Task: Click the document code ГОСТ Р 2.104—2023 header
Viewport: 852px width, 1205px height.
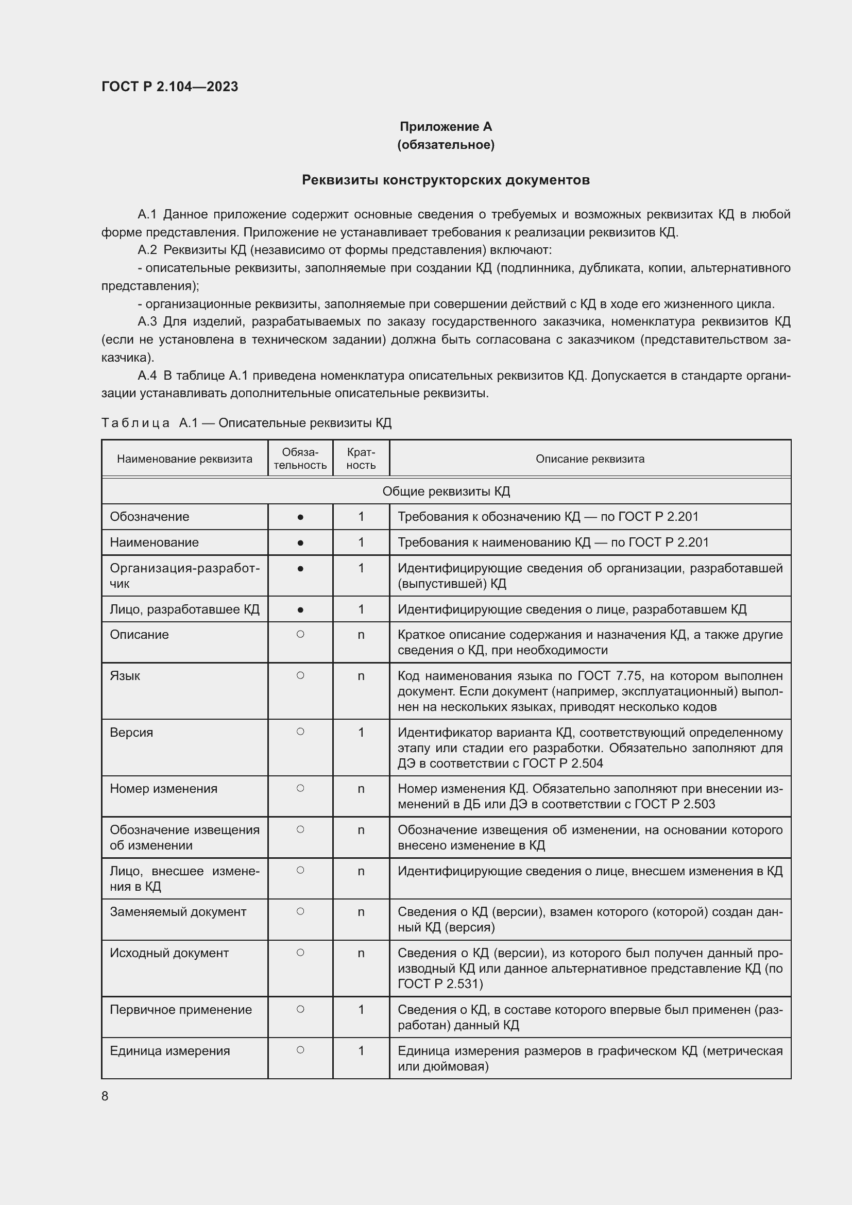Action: pyautogui.click(x=169, y=87)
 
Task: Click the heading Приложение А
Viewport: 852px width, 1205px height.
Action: pyautogui.click(x=446, y=127)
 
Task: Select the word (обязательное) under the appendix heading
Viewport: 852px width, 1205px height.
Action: pyautogui.click(x=446, y=144)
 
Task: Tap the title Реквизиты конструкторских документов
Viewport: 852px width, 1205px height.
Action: pyautogui.click(x=446, y=180)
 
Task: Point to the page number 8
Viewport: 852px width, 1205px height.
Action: pyautogui.click(x=105, y=1096)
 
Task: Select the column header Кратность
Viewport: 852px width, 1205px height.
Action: pyautogui.click(x=361, y=459)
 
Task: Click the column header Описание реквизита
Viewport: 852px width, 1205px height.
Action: pyautogui.click(x=590, y=459)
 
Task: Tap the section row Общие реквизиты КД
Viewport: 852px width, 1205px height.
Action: pyautogui.click(x=446, y=491)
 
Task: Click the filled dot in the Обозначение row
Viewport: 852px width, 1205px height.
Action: pyautogui.click(x=300, y=517)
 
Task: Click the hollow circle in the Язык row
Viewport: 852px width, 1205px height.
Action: pyautogui.click(x=300, y=675)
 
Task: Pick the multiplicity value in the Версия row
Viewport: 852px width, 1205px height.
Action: pyautogui.click(x=361, y=732)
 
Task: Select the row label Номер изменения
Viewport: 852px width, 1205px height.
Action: pyautogui.click(x=163, y=789)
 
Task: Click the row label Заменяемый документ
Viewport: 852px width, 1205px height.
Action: pyautogui.click(x=178, y=912)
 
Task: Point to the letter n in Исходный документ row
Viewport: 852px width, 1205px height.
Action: pyautogui.click(x=361, y=953)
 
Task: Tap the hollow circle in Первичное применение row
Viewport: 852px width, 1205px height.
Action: pyautogui.click(x=300, y=1009)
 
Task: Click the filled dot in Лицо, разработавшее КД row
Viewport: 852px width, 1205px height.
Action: pyautogui.click(x=300, y=610)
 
